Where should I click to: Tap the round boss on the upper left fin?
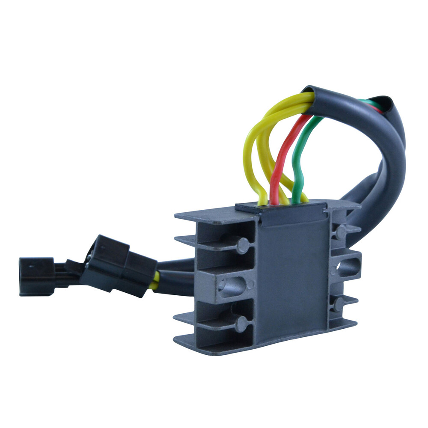tap(243, 245)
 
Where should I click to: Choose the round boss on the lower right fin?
tap(339, 304)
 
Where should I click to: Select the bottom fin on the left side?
tap(205, 342)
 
